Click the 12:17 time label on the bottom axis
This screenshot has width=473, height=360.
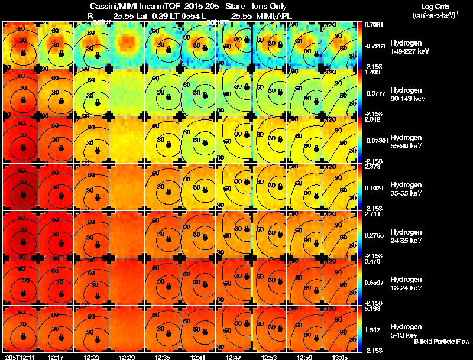(x=56, y=357)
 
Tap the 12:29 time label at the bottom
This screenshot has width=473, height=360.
(x=127, y=357)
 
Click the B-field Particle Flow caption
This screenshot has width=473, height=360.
(x=441, y=342)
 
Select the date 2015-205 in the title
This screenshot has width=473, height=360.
(x=193, y=5)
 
